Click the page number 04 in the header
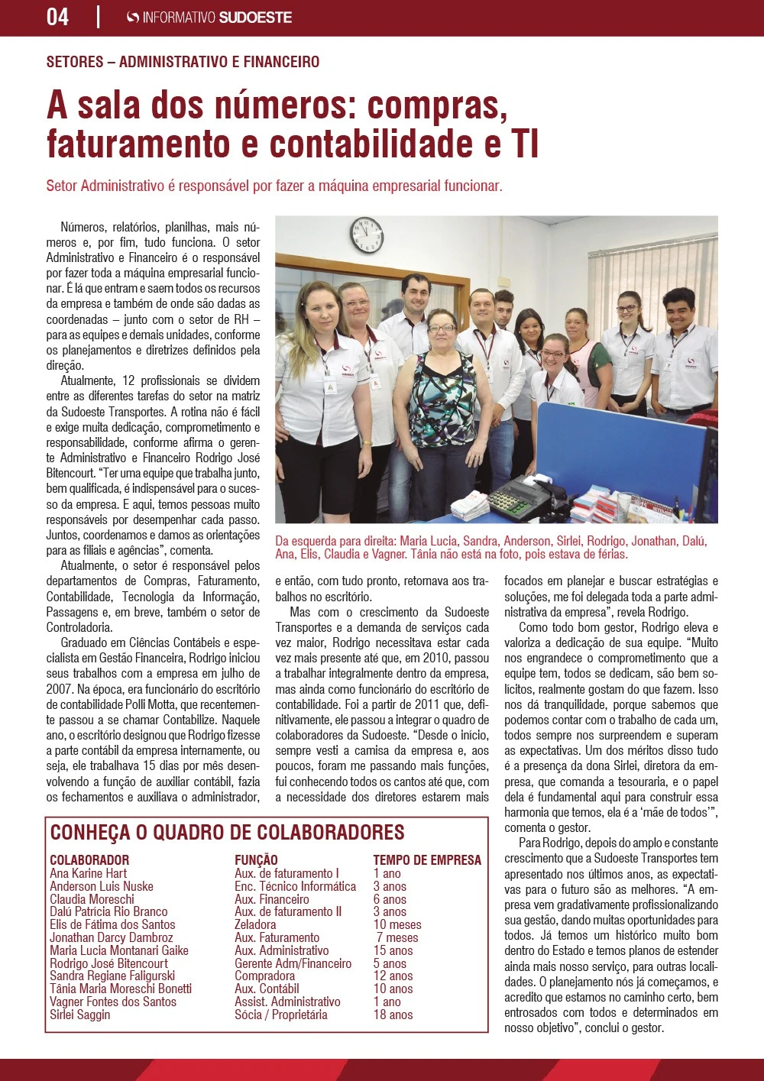click(58, 17)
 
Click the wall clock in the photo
click(367, 235)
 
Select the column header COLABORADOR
click(89, 859)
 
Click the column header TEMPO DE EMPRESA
click(427, 859)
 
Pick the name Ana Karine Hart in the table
click(89, 873)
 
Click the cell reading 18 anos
click(393, 1015)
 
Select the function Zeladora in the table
click(255, 924)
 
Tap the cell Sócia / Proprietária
click(280, 1015)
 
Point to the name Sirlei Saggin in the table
click(80, 1015)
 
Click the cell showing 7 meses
click(397, 937)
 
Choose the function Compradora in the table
click(264, 976)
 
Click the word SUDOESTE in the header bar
click(255, 17)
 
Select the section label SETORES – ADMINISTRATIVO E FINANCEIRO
click(183, 62)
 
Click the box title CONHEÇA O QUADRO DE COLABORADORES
click(227, 832)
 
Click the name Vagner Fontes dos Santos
click(113, 1002)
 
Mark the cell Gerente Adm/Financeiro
click(293, 963)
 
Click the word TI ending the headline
click(525, 144)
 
